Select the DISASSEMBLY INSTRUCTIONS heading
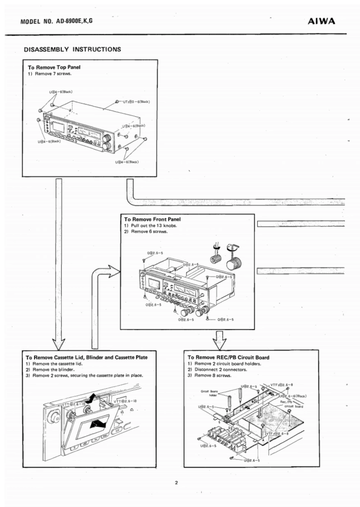coord(72,49)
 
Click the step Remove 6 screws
coord(146,231)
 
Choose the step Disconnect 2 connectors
coord(217,369)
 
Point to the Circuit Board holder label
coord(210,393)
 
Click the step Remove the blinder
coord(52,369)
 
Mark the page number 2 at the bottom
coord(177,483)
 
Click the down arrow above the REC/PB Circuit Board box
coord(220,338)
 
